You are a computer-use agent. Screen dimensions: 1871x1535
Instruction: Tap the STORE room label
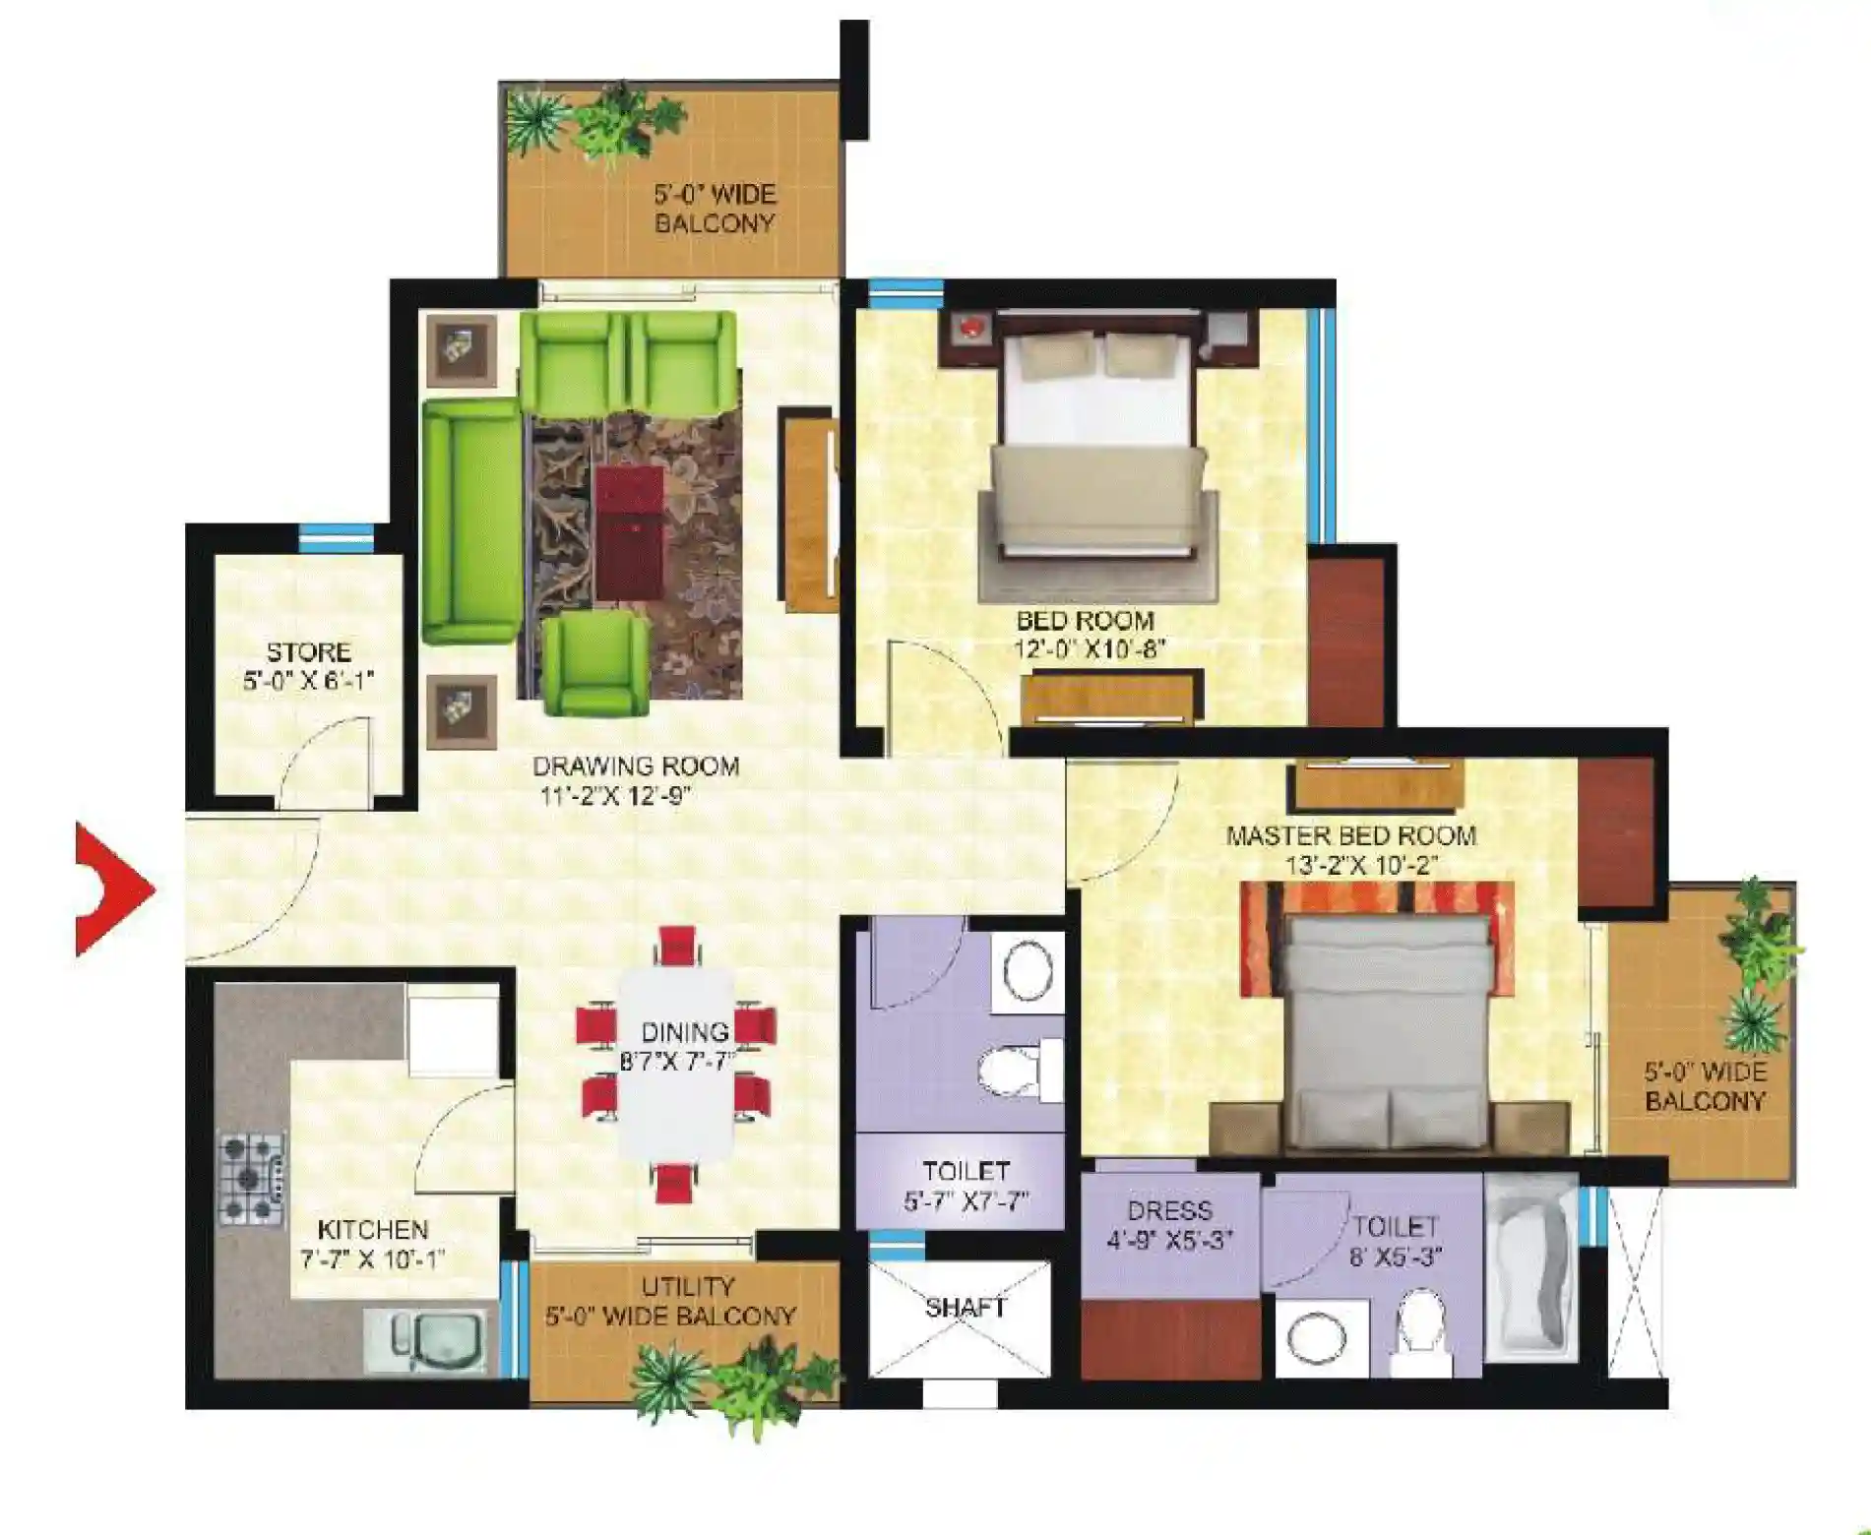(x=308, y=651)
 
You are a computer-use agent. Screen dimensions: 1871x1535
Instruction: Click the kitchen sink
(x=426, y=1340)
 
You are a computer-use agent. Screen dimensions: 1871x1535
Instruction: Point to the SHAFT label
(x=965, y=1307)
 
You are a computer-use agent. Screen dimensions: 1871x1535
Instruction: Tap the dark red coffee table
(x=630, y=531)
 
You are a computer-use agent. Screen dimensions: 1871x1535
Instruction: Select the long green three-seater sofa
(x=471, y=522)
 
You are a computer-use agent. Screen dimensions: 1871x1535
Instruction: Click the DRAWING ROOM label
(x=636, y=766)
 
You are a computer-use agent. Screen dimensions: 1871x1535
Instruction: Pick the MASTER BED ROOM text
(x=1350, y=835)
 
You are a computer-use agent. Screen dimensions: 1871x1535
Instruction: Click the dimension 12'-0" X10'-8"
(x=1090, y=649)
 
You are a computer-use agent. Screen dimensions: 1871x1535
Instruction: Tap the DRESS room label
(x=1169, y=1210)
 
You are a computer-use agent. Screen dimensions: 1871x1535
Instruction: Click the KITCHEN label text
(x=373, y=1229)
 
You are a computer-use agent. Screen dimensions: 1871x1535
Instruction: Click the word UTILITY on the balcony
(x=688, y=1286)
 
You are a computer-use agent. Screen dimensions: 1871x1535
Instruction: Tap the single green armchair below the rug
(x=594, y=663)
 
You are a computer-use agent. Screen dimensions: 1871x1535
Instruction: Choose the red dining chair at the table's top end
(x=677, y=946)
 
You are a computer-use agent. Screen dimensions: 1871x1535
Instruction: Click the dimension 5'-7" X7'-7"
(x=966, y=1200)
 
